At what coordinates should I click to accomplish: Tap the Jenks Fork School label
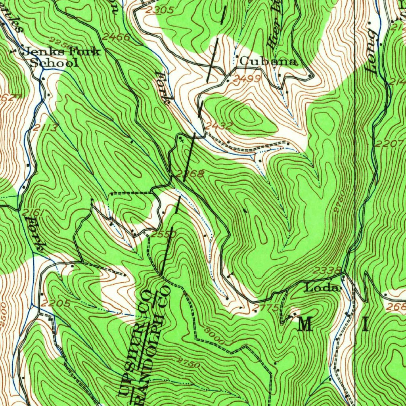coord(61,57)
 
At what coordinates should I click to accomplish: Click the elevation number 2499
coord(247,79)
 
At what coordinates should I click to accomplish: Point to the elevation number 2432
coord(219,126)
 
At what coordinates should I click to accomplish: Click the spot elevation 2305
coord(159,11)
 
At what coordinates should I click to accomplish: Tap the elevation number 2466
coord(116,37)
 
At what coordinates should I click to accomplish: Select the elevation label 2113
coord(45,128)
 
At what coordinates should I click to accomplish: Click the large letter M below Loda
coord(305,325)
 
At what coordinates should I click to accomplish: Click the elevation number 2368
coord(191,174)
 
